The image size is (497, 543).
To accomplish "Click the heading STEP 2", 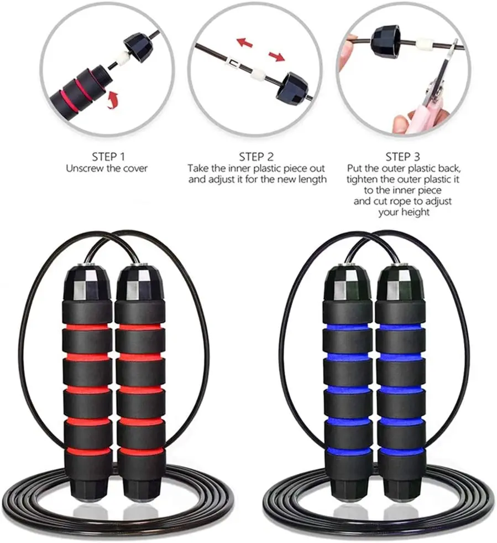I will [256, 157].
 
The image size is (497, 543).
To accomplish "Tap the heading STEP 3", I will [404, 157].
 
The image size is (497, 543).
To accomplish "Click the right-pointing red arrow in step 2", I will [277, 56].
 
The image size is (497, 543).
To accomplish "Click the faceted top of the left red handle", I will [87, 282].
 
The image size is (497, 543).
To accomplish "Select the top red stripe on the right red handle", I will [140, 327].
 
